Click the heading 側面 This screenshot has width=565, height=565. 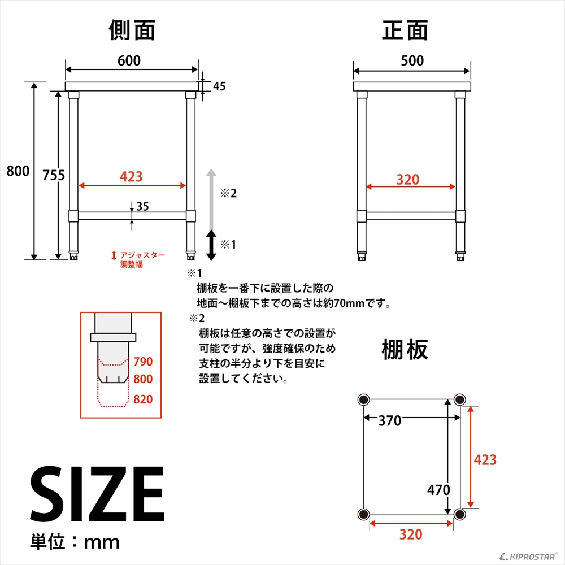point(132,31)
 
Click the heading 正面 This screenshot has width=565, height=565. point(405,31)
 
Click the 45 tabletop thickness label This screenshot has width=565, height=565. point(220,86)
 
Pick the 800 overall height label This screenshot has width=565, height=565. point(18,171)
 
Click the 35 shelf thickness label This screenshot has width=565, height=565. point(142,207)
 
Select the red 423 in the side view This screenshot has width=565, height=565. point(131,177)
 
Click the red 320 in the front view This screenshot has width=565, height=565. point(407,180)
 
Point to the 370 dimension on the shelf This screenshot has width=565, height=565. point(389,421)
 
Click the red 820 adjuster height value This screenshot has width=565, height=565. point(143,399)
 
